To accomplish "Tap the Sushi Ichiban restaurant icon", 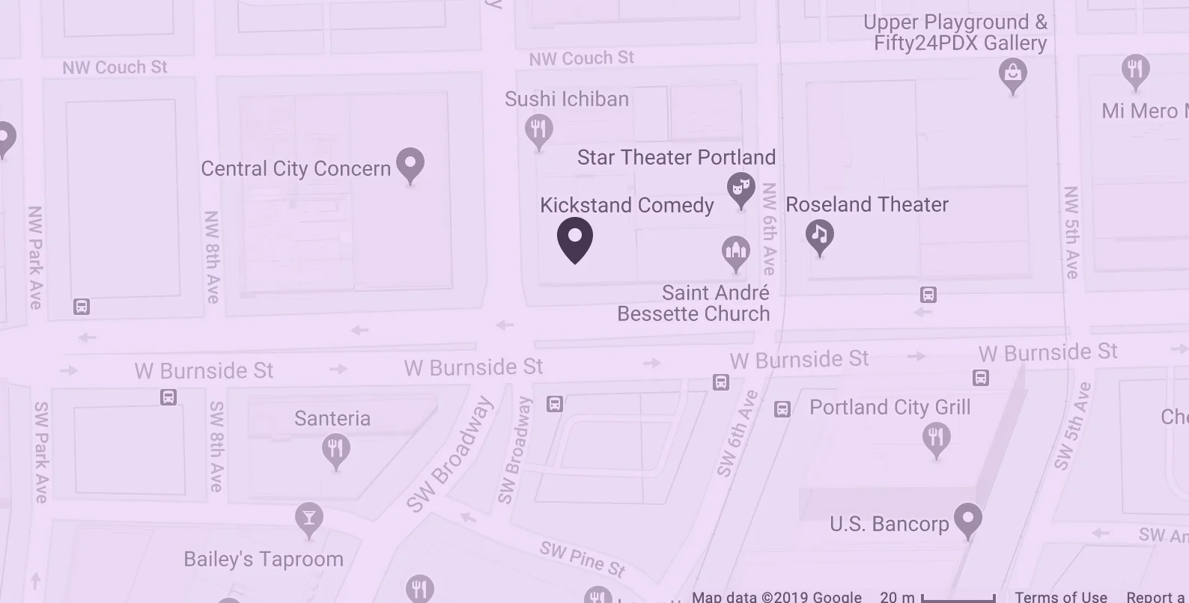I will (538, 130).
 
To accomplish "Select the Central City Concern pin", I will (410, 163).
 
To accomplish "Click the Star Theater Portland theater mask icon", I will (741, 189).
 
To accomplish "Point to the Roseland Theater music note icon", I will (820, 236).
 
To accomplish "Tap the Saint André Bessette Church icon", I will (735, 251).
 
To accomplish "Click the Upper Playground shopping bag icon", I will (1012, 74).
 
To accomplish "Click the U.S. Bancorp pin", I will (968, 518).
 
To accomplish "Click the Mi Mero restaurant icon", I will (1135, 70).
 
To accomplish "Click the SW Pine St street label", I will (583, 559).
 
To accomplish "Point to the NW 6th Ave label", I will (769, 229).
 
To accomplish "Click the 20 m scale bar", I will (958, 597).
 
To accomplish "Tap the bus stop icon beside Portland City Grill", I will (782, 409).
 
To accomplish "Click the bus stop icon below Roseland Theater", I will (928, 295).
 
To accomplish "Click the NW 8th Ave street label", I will (213, 257).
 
